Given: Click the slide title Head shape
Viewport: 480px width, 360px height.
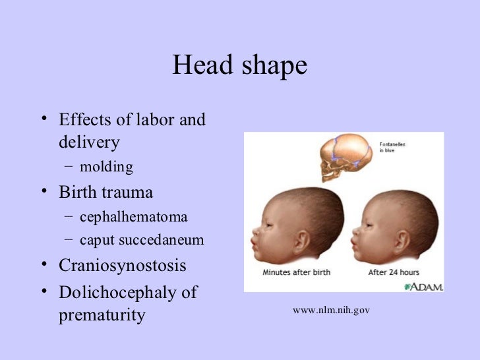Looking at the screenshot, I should [240, 66].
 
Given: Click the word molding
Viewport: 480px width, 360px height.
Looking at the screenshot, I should [106, 167].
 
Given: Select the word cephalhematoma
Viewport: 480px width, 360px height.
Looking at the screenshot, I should [133, 217].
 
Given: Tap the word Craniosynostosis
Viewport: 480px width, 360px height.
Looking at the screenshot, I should [123, 266].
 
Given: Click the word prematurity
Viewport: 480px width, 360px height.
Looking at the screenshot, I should [102, 315].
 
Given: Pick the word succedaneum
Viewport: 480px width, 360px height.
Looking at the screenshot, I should [165, 241].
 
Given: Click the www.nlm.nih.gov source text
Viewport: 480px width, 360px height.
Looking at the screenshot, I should [332, 309].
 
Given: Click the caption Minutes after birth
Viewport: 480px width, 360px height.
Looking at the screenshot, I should [295, 272].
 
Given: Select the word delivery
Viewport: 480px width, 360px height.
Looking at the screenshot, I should [89, 142].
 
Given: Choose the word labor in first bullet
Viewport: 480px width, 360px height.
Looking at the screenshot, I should [154, 121].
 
